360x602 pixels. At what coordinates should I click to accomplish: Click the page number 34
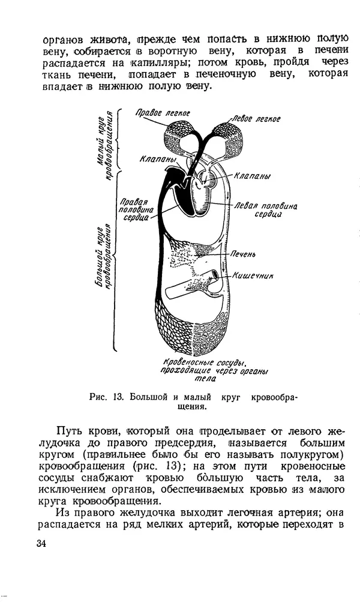point(41,544)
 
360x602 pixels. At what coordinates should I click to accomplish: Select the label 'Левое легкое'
point(256,118)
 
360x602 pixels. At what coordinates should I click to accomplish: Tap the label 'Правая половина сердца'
point(137,210)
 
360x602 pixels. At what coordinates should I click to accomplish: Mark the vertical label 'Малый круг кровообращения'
point(106,143)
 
